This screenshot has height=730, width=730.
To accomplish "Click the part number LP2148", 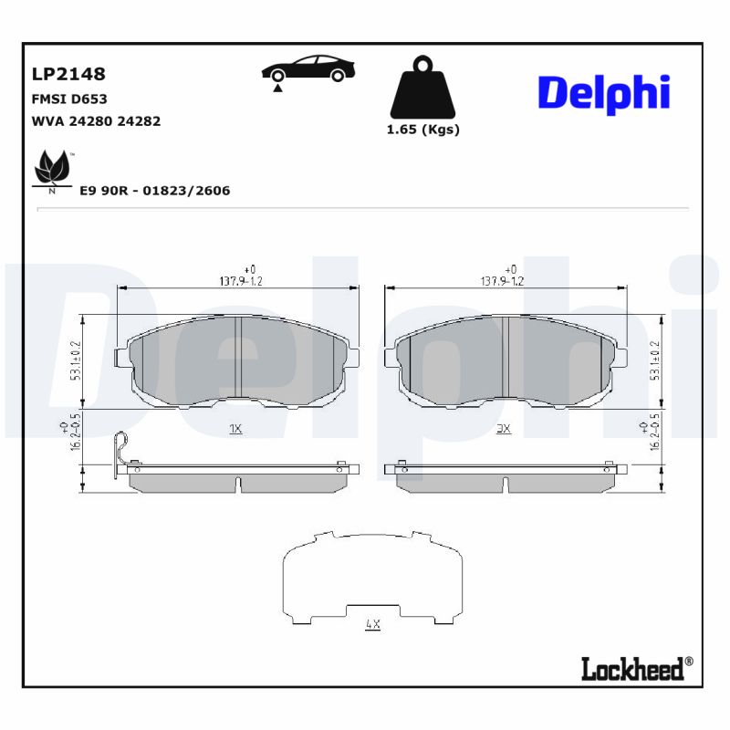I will click(x=68, y=74).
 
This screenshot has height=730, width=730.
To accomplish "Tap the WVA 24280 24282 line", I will click(x=96, y=120).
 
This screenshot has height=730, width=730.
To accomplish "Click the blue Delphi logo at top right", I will click(x=603, y=94).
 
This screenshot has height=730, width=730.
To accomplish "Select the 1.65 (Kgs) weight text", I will click(x=422, y=130).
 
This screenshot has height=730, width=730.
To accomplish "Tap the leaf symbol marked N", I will click(x=52, y=171).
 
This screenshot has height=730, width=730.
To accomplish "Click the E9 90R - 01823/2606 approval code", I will click(x=154, y=191).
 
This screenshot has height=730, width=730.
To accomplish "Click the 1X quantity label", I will click(x=235, y=427).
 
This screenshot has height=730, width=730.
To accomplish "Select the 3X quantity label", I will click(x=503, y=427).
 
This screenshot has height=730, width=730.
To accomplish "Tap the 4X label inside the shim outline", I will click(x=371, y=624).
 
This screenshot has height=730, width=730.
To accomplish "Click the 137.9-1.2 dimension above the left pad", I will click(x=237, y=280).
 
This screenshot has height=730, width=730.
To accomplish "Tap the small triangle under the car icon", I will click(x=276, y=87).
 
